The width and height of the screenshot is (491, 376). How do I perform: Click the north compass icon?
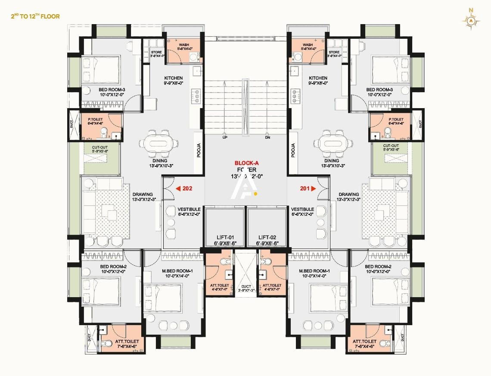[472, 20]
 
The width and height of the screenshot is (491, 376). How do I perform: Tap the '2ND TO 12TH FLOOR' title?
[35, 16]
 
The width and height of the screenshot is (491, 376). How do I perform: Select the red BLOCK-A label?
[245, 163]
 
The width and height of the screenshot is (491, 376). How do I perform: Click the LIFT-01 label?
[224, 237]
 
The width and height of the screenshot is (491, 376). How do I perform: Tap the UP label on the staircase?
[225, 138]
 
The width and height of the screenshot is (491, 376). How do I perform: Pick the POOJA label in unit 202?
[199, 150]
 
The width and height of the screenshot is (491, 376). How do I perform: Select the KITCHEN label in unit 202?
[173, 78]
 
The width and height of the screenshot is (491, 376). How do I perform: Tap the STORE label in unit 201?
[335, 53]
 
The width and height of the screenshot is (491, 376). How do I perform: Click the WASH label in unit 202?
[184, 45]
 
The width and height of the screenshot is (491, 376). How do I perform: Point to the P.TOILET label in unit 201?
[396, 119]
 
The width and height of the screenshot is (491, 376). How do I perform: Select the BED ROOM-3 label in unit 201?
[379, 90]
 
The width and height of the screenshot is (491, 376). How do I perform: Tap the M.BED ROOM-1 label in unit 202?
[171, 271]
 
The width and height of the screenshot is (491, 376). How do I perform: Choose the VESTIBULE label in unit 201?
[302, 209]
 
